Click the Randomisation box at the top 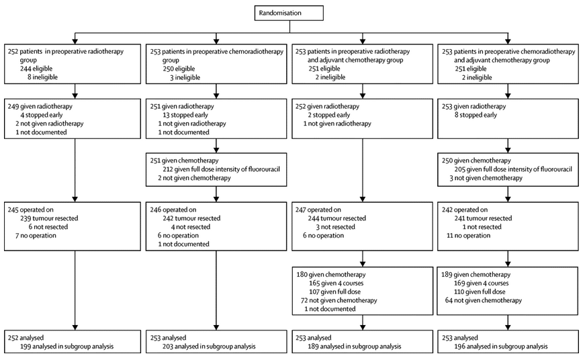pyautogui.click(x=289, y=13)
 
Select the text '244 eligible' pyautogui.click(x=36, y=69)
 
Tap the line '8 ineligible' pyautogui.click(x=43, y=77)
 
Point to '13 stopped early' pyautogui.click(x=185, y=115)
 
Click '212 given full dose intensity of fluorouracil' pyautogui.click(x=221, y=169)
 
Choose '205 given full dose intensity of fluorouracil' pyautogui.click(x=513, y=169)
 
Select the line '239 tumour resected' pyautogui.click(x=49, y=218)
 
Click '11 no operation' pyautogui.click(x=468, y=235)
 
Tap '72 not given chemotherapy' pyautogui.click(x=338, y=300)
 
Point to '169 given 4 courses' pyautogui.click(x=482, y=283)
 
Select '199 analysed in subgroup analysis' pyautogui.click(x=66, y=346)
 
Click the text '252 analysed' pyautogui.click(x=26, y=338)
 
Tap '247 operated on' pyautogui.click(x=318, y=210)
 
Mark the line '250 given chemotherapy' pyautogui.click(x=476, y=161)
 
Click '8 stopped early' pyautogui.click(x=476, y=115)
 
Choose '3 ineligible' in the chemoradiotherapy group pyautogui.click(x=185, y=77)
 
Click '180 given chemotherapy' pyautogui.click(x=331, y=274)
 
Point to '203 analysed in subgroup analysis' pyautogui.click(x=209, y=346)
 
